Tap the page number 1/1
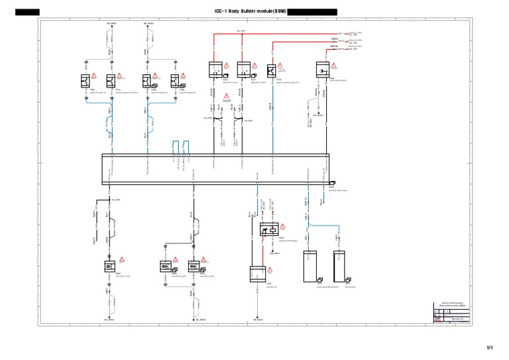pos(490,347)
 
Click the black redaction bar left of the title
pos(27,12)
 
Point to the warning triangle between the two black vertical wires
pos(226,97)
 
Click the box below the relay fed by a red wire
pos(257,274)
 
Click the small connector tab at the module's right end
pos(332,182)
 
